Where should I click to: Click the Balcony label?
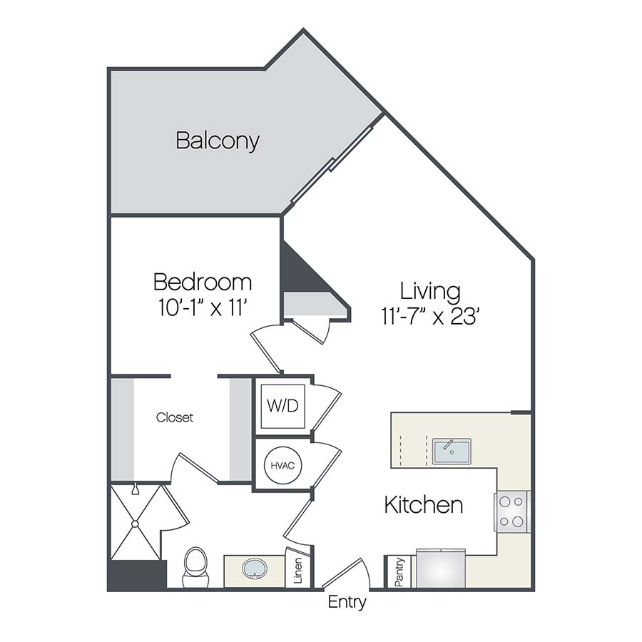[x=217, y=141]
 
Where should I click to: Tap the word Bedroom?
[x=203, y=282]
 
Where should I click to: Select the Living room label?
[x=429, y=291]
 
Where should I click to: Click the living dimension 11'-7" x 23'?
[x=429, y=316]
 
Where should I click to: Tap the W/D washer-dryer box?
[x=282, y=406]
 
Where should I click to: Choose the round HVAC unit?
[x=282, y=464]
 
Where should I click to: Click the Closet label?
[x=175, y=418]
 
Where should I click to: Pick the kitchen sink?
[x=451, y=452]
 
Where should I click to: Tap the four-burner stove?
[x=512, y=511]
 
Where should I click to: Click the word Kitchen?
[x=423, y=505]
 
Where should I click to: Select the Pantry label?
[x=399, y=571]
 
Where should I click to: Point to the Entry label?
[x=347, y=602]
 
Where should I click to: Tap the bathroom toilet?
[x=195, y=566]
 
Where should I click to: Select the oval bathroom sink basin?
[x=253, y=569]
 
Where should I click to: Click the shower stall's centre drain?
[x=133, y=523]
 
